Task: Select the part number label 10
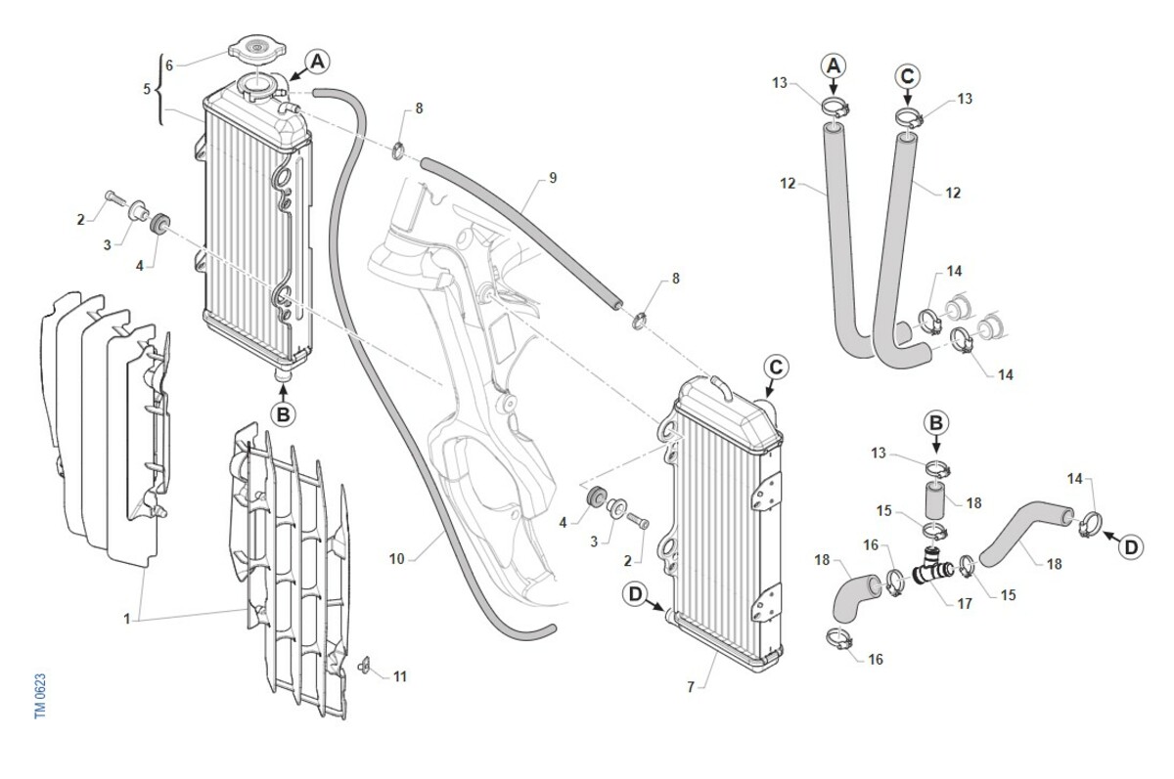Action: (x=396, y=560)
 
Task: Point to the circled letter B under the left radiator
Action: (x=283, y=413)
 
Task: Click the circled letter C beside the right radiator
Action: (x=775, y=368)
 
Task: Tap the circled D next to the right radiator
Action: (x=637, y=592)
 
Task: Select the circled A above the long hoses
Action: (x=834, y=65)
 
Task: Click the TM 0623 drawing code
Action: (x=40, y=697)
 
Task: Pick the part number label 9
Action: (x=553, y=178)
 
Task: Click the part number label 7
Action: (x=691, y=688)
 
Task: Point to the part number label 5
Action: (x=147, y=89)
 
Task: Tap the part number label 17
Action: (x=965, y=604)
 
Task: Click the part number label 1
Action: (x=126, y=619)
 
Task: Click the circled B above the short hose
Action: (x=936, y=423)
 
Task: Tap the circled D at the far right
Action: (x=1131, y=547)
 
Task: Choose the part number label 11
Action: (x=400, y=676)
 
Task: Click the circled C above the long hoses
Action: (x=908, y=74)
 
